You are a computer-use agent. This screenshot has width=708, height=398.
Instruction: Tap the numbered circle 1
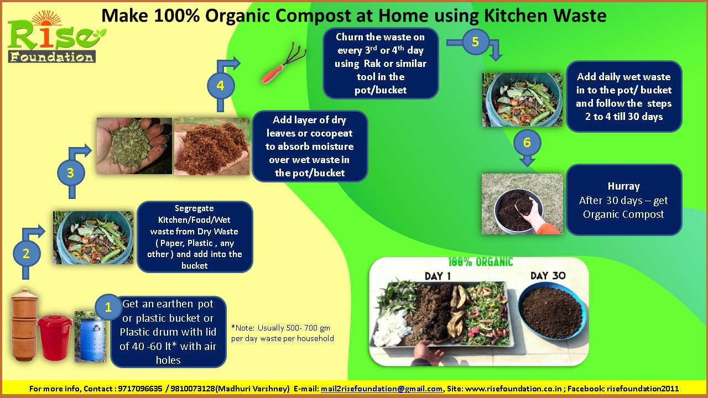click(x=108, y=307)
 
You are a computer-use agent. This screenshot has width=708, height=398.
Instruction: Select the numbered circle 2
click(x=26, y=254)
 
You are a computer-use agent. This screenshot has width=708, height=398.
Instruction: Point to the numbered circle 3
click(x=70, y=173)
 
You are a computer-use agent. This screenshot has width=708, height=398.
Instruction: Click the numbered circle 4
click(x=221, y=86)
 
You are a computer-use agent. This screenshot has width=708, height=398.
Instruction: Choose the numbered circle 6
click(x=527, y=143)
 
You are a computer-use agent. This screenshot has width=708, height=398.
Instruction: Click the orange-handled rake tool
click(x=276, y=69)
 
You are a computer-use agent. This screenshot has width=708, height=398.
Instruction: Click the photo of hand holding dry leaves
click(x=134, y=146)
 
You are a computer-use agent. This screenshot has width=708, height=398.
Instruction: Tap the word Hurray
click(x=623, y=186)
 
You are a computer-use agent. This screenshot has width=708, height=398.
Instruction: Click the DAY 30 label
click(x=547, y=276)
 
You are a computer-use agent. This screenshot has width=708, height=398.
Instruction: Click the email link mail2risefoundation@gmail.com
click(x=382, y=389)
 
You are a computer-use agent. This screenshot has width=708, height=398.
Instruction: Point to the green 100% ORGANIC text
click(x=481, y=262)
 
